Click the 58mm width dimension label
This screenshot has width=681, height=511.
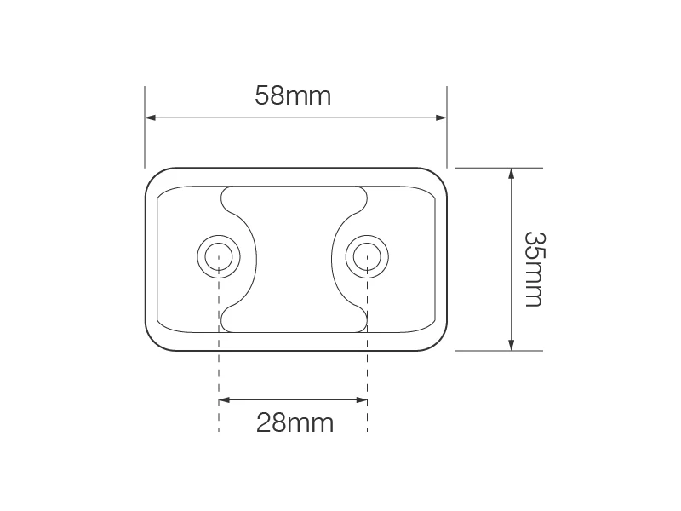293,95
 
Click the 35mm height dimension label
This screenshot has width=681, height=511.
534,269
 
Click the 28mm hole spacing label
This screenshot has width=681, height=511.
295,422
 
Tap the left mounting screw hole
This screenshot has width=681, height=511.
219,254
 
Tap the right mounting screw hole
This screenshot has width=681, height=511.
368,254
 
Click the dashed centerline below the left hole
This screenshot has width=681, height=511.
219,358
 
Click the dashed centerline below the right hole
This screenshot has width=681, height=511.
368,358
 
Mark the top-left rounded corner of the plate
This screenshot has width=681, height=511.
153,177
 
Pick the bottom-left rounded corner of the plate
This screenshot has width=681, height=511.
153,342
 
